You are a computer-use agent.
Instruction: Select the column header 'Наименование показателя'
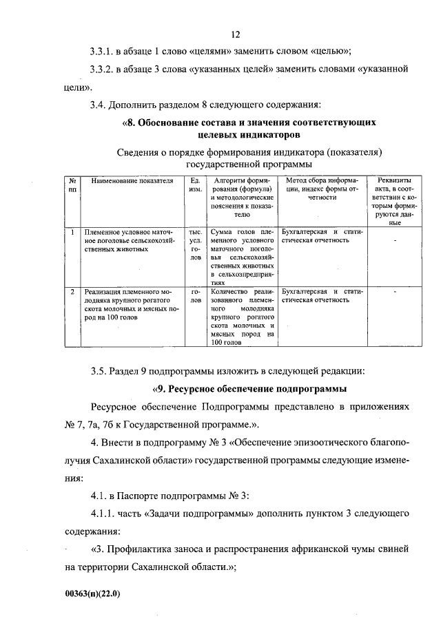(130, 180)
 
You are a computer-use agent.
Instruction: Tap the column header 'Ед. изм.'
(195, 184)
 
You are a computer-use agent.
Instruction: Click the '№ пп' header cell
(72, 184)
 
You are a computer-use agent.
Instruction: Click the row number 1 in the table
(72, 232)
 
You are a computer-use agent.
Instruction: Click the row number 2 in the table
(72, 292)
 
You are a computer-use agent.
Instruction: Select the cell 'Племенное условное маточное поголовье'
(130, 240)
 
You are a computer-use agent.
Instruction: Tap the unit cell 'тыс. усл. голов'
(195, 244)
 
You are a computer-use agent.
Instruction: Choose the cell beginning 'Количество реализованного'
(242, 317)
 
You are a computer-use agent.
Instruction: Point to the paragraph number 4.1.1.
(104, 514)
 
